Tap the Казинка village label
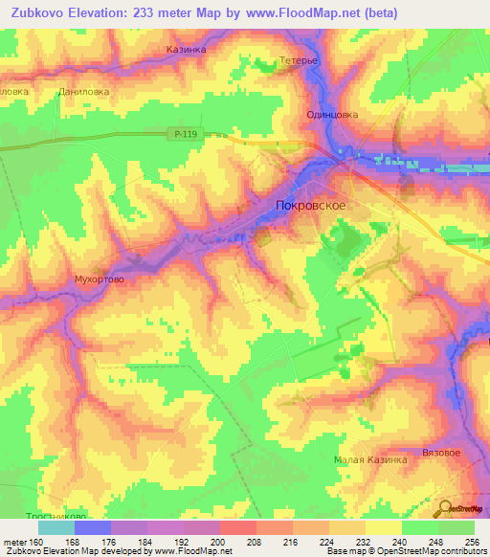pos(186,47)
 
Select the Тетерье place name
pos(297,60)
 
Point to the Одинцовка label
pos(331,114)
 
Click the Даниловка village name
pos(84,92)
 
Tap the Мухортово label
pos(100,279)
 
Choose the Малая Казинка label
pos(370,459)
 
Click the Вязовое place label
pos(442,451)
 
